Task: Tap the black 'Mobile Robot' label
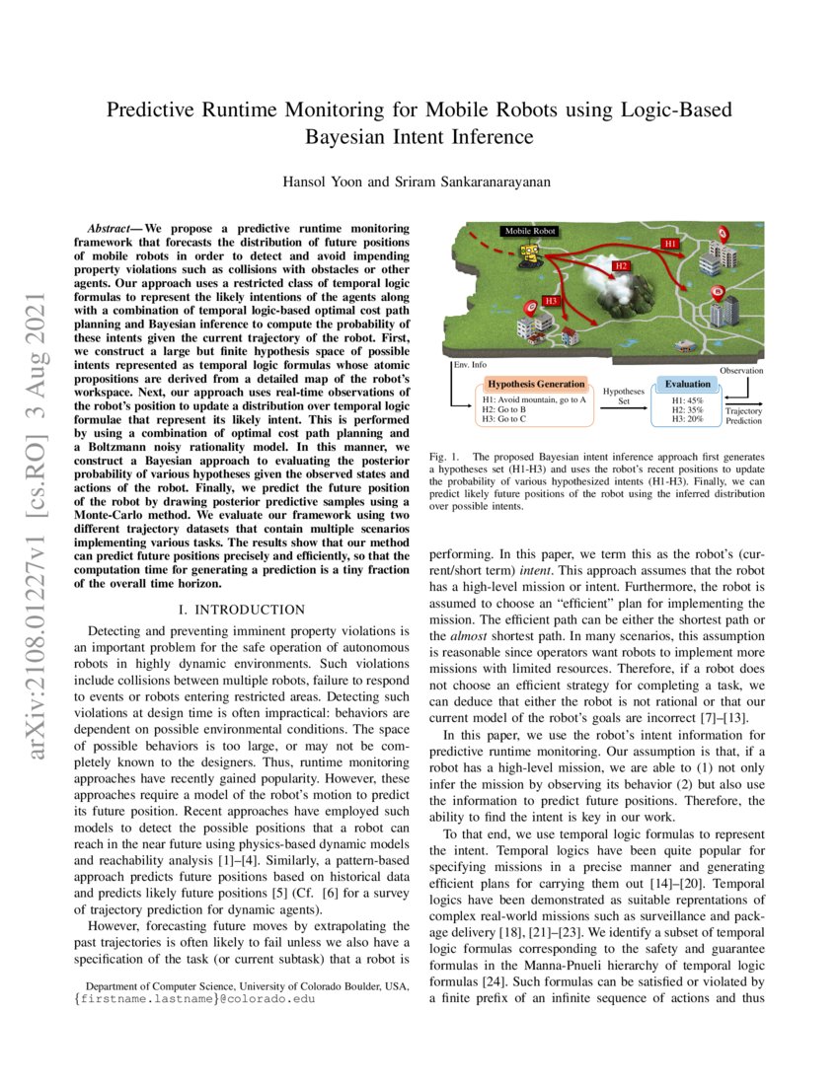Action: click(x=530, y=232)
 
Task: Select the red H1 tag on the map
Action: click(x=670, y=242)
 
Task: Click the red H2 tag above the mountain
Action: click(x=621, y=266)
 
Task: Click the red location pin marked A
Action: click(x=723, y=236)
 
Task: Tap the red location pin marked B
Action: click(x=718, y=293)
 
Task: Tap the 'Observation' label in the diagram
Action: click(x=741, y=371)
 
